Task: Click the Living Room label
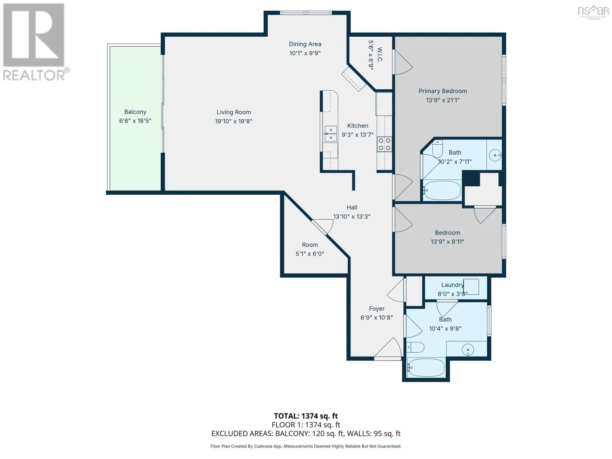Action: [x=233, y=112]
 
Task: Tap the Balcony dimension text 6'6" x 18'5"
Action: [x=135, y=120]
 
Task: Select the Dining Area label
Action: [x=305, y=44]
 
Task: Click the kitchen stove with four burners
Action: [x=384, y=144]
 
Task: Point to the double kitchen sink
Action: [x=330, y=134]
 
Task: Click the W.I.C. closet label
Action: [x=379, y=55]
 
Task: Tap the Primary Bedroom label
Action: [x=443, y=91]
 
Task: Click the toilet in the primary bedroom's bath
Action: [x=437, y=148]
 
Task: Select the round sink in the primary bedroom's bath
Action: [x=495, y=155]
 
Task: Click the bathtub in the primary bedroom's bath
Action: [x=442, y=190]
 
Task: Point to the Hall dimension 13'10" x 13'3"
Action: [x=352, y=216]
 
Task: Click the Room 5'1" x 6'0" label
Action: [x=310, y=249]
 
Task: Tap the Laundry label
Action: [x=452, y=285]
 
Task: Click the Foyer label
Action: [x=377, y=309]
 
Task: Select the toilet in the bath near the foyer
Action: [x=415, y=347]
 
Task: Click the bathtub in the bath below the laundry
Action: [x=426, y=368]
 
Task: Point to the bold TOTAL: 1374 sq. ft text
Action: [x=306, y=416]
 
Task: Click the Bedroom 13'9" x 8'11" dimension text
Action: [x=447, y=242]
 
